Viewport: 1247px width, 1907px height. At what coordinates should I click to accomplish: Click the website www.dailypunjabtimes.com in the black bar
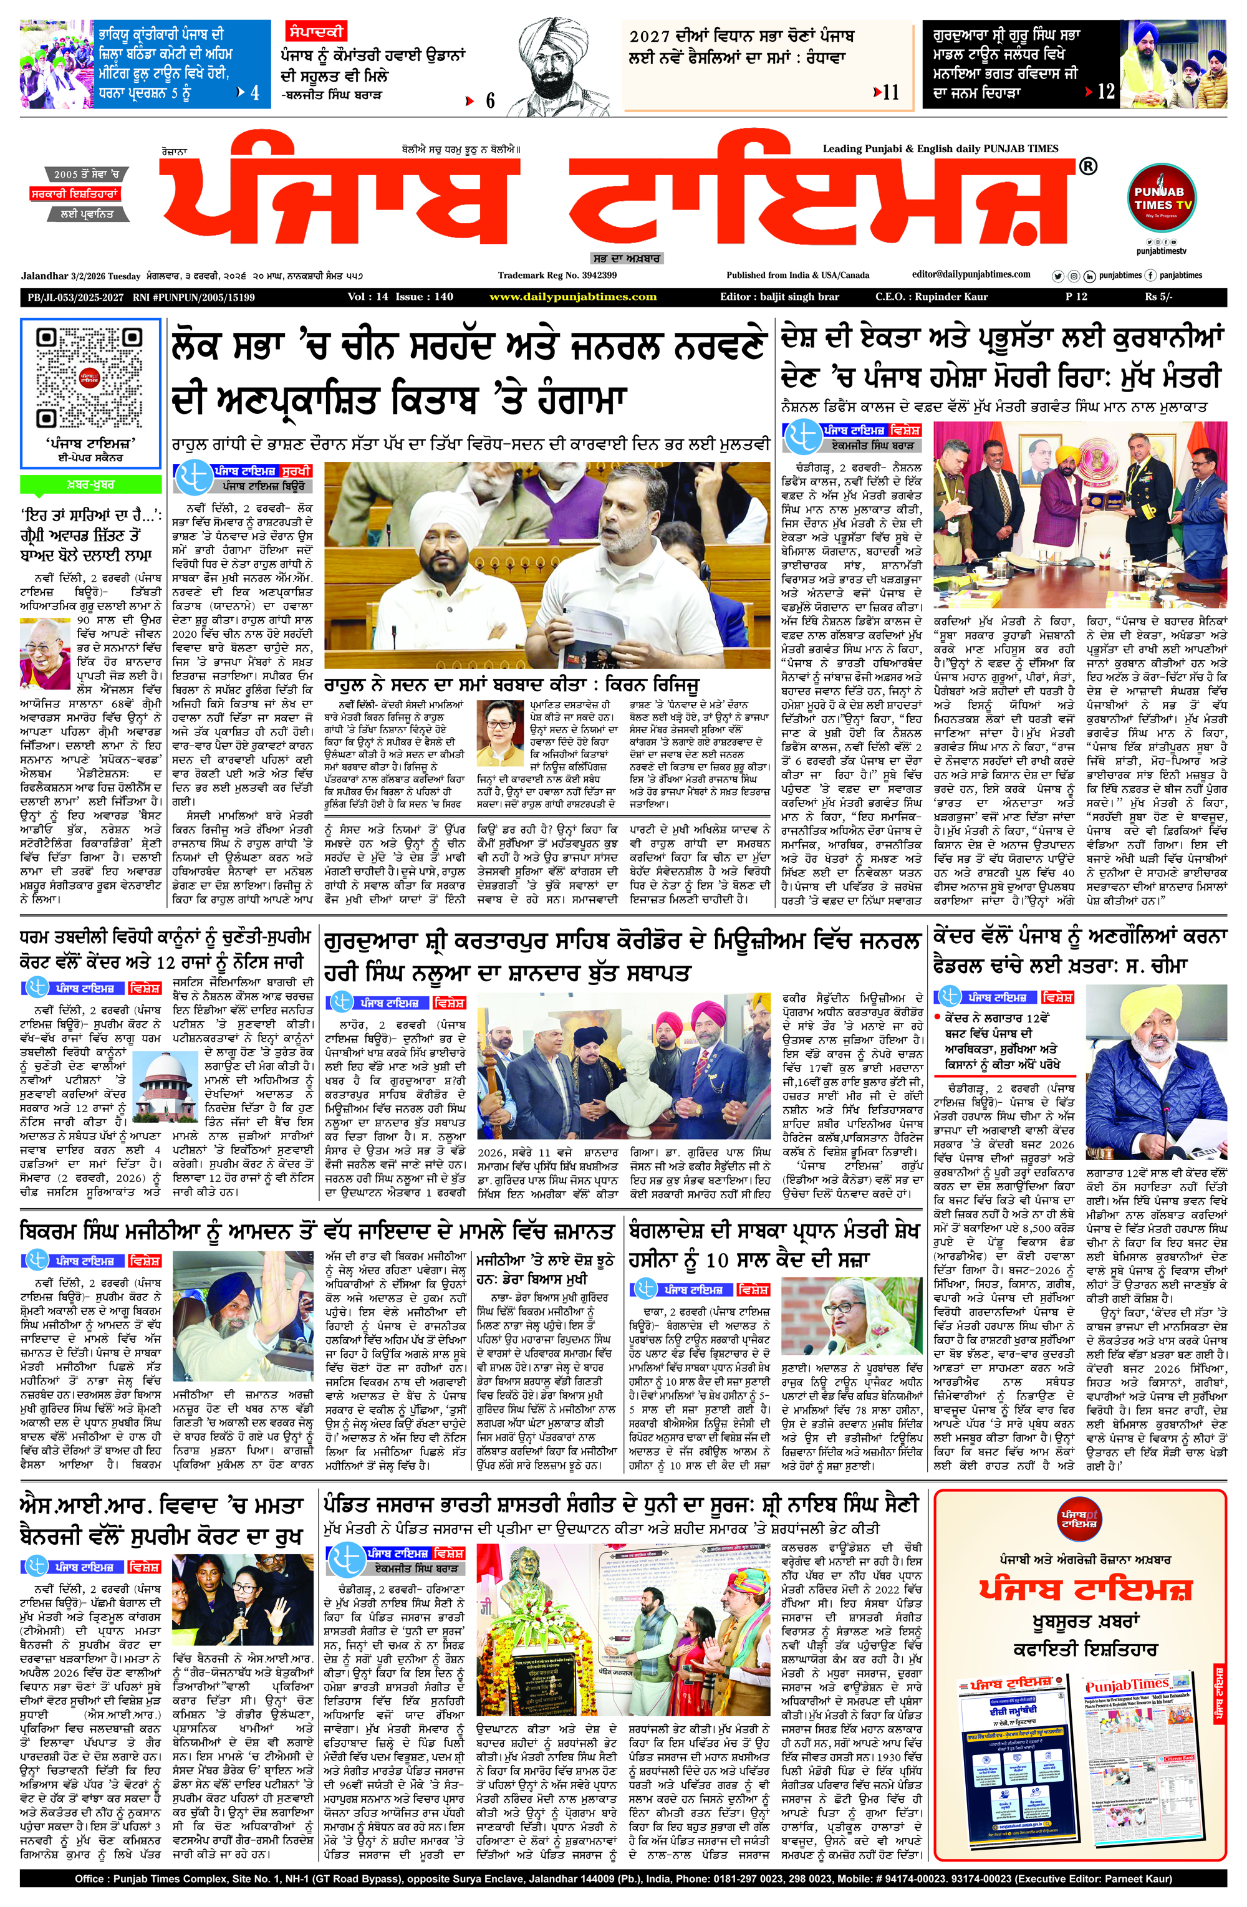point(572,297)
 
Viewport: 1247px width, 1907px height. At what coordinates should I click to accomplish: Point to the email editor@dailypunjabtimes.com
point(971,274)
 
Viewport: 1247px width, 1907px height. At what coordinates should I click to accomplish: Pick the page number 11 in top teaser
point(890,93)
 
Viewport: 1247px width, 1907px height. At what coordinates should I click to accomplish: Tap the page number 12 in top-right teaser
point(1106,92)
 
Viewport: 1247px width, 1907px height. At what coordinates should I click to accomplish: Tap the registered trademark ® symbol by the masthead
point(1087,166)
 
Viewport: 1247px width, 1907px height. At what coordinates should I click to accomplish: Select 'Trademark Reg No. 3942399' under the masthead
point(557,275)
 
